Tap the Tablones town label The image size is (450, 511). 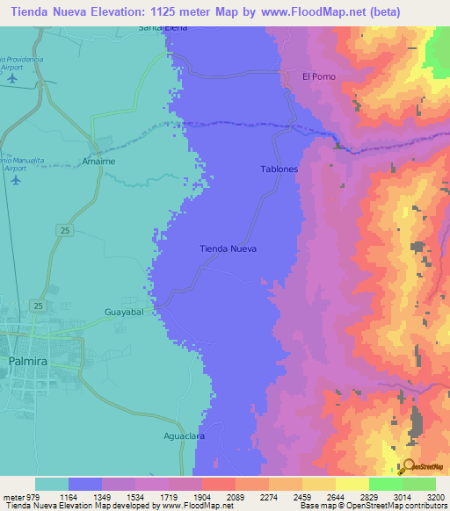click(279, 169)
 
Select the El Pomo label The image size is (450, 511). click(317, 76)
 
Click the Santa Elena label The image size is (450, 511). click(163, 28)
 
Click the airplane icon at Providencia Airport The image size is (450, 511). click(12, 78)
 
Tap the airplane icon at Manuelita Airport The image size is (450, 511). click(16, 180)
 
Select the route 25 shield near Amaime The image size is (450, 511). click(66, 229)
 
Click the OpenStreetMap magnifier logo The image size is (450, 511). click(407, 465)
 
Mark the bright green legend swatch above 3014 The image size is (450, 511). click(386, 484)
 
